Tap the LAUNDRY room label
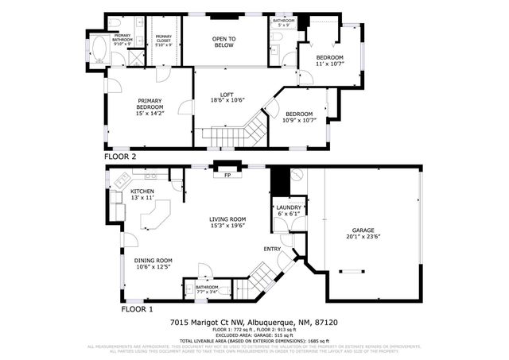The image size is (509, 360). (289, 211)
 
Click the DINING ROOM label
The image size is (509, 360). (153, 263)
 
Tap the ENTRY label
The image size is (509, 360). (273, 249)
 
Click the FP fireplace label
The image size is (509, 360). (227, 175)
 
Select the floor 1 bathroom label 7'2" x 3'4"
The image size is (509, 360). (207, 289)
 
